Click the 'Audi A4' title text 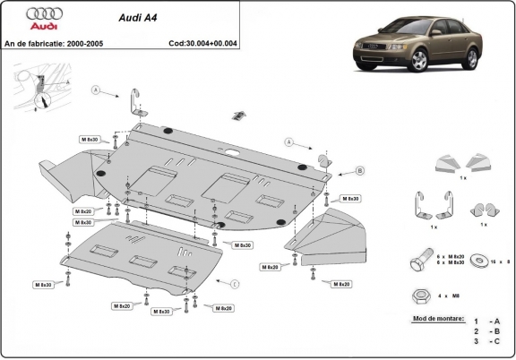coord(137,15)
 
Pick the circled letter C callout coord(235,284)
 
